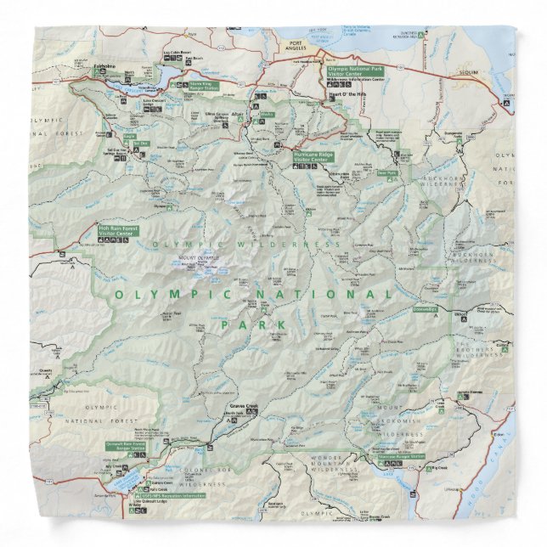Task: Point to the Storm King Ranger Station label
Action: pos(194,85)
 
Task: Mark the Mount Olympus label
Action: pos(198,257)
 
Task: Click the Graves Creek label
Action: pos(244,407)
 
